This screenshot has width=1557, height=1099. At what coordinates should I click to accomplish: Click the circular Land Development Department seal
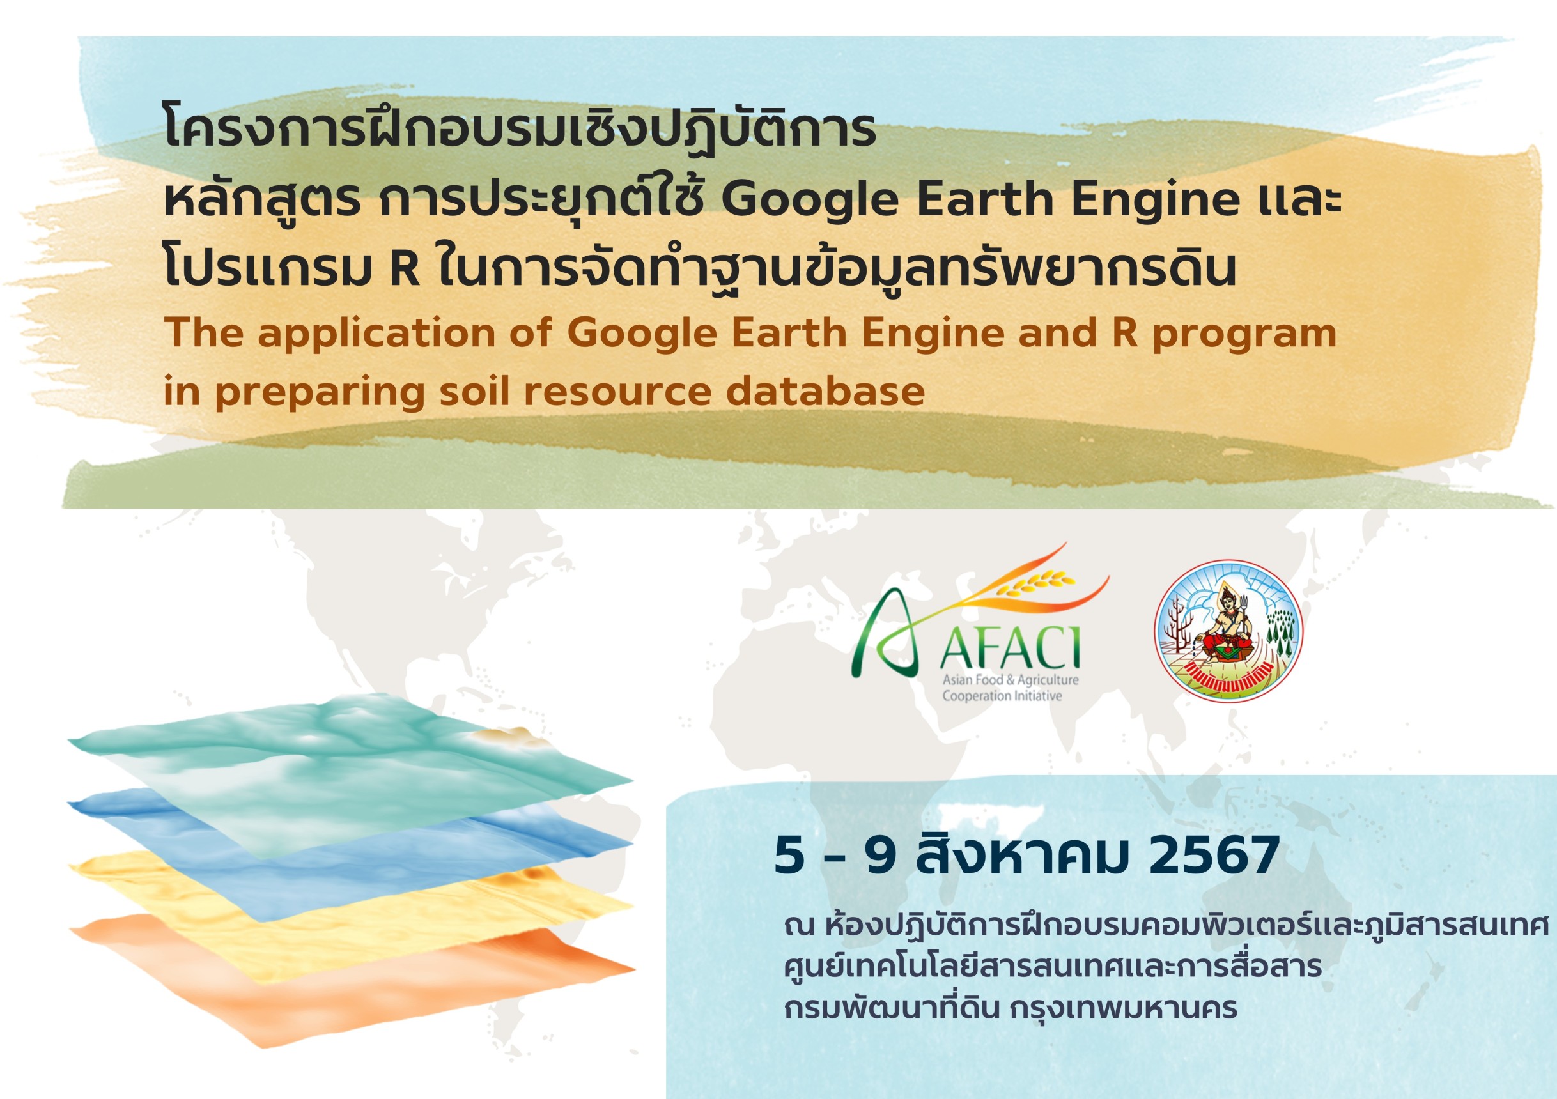tap(1228, 630)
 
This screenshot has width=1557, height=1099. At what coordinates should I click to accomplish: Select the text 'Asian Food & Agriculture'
tap(1011, 679)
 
